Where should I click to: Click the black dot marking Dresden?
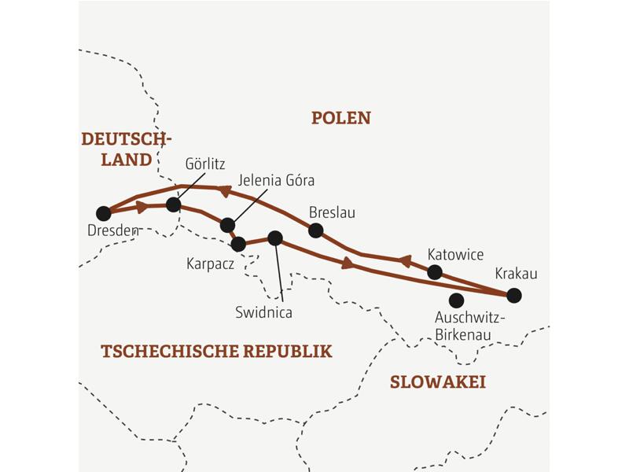[x=103, y=213]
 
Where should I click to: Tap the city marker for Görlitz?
[x=174, y=205]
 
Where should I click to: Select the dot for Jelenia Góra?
[x=227, y=225]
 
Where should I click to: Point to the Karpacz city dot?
[x=238, y=244]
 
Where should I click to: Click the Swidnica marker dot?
[x=274, y=238]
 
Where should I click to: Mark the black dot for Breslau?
[x=315, y=230]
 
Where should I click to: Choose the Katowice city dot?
[x=434, y=272]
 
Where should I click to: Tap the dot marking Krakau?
[x=513, y=296]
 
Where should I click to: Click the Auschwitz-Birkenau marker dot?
[x=455, y=300]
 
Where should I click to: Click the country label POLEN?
[x=340, y=118]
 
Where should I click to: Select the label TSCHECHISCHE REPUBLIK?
[x=216, y=352]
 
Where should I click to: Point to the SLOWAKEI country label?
[x=438, y=382]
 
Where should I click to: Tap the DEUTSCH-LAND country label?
[x=126, y=149]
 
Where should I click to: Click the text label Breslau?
[x=333, y=212]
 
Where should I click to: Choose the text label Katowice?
[x=455, y=255]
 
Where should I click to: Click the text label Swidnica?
[x=264, y=312]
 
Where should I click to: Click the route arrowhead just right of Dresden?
[x=142, y=208]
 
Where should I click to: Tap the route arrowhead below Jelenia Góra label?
[x=225, y=191]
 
